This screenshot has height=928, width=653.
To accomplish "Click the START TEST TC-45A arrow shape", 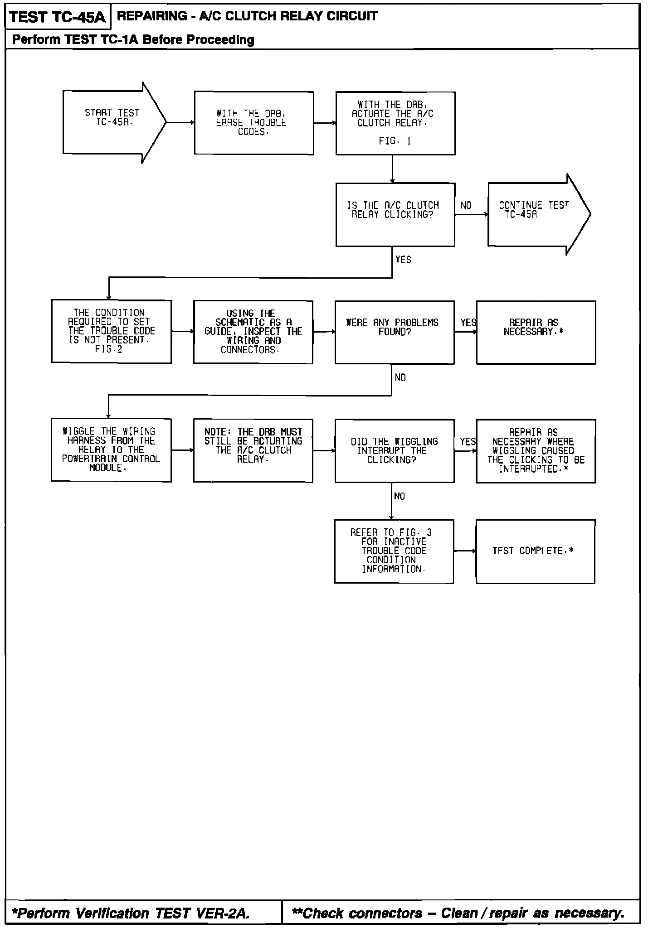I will [x=111, y=122].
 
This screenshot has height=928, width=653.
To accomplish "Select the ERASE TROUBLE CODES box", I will [x=254, y=123].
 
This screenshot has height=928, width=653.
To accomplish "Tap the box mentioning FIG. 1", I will [x=395, y=123].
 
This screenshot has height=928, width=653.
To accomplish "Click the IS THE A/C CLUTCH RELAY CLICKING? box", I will [x=395, y=214].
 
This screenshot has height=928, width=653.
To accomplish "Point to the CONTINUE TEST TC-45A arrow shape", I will [x=535, y=214].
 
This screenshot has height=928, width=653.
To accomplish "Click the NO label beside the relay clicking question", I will [x=466, y=206].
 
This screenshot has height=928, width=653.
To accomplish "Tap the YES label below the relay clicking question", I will [x=403, y=260].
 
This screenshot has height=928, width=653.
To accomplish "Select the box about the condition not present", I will [x=111, y=331].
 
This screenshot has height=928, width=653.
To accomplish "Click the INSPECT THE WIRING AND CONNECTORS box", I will [x=253, y=332].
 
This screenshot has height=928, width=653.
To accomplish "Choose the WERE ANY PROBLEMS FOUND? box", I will [x=394, y=332].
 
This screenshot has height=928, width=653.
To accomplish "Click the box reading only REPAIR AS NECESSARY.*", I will [x=536, y=332].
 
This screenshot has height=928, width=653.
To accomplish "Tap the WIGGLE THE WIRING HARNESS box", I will [x=111, y=450].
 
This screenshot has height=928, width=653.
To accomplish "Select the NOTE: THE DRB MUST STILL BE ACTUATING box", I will [x=253, y=450].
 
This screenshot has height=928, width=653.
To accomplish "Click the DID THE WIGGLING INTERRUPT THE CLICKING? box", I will [x=394, y=450].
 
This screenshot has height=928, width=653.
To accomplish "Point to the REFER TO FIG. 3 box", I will [x=394, y=551].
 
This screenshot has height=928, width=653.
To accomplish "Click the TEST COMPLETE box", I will [x=535, y=551].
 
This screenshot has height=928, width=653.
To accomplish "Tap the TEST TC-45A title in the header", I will [x=57, y=17].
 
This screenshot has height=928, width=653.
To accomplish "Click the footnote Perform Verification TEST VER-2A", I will [x=131, y=913].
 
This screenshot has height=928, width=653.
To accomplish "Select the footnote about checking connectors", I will [x=458, y=913].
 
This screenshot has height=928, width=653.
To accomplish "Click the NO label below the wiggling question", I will [x=400, y=497].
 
